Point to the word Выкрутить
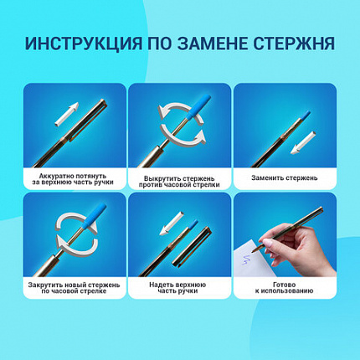(x=154, y=173)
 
